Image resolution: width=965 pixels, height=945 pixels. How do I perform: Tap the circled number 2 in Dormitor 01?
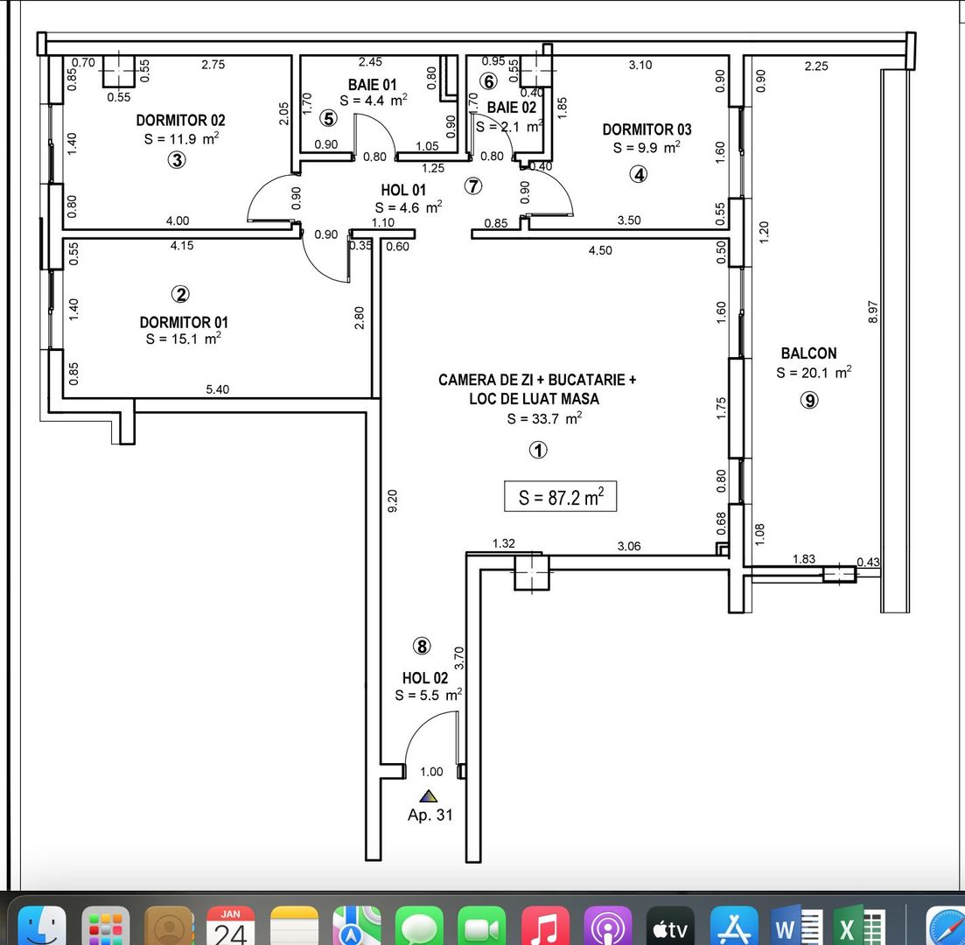(x=182, y=294)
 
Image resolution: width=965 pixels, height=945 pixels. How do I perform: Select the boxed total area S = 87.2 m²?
(x=561, y=497)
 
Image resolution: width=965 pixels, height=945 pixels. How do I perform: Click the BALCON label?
(x=808, y=353)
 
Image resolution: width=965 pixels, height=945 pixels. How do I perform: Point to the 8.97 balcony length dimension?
(x=871, y=312)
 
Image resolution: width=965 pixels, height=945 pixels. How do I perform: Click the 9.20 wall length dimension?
(x=393, y=500)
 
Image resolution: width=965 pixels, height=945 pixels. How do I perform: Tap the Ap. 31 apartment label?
(x=430, y=815)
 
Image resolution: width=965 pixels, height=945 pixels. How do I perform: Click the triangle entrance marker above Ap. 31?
(x=428, y=796)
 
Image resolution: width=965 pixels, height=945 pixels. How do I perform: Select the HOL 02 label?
(x=425, y=678)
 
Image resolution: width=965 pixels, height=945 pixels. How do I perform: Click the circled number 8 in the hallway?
(x=422, y=647)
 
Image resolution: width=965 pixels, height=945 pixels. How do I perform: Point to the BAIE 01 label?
(x=372, y=85)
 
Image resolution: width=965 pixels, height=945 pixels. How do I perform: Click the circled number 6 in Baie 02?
(x=489, y=81)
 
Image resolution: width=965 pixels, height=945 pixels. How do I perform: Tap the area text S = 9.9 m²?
(x=647, y=148)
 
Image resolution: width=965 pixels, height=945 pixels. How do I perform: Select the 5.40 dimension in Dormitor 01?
(x=217, y=389)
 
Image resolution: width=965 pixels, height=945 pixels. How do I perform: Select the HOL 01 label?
(x=403, y=190)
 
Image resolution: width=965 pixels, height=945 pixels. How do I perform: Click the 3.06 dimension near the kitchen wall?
(x=628, y=546)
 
